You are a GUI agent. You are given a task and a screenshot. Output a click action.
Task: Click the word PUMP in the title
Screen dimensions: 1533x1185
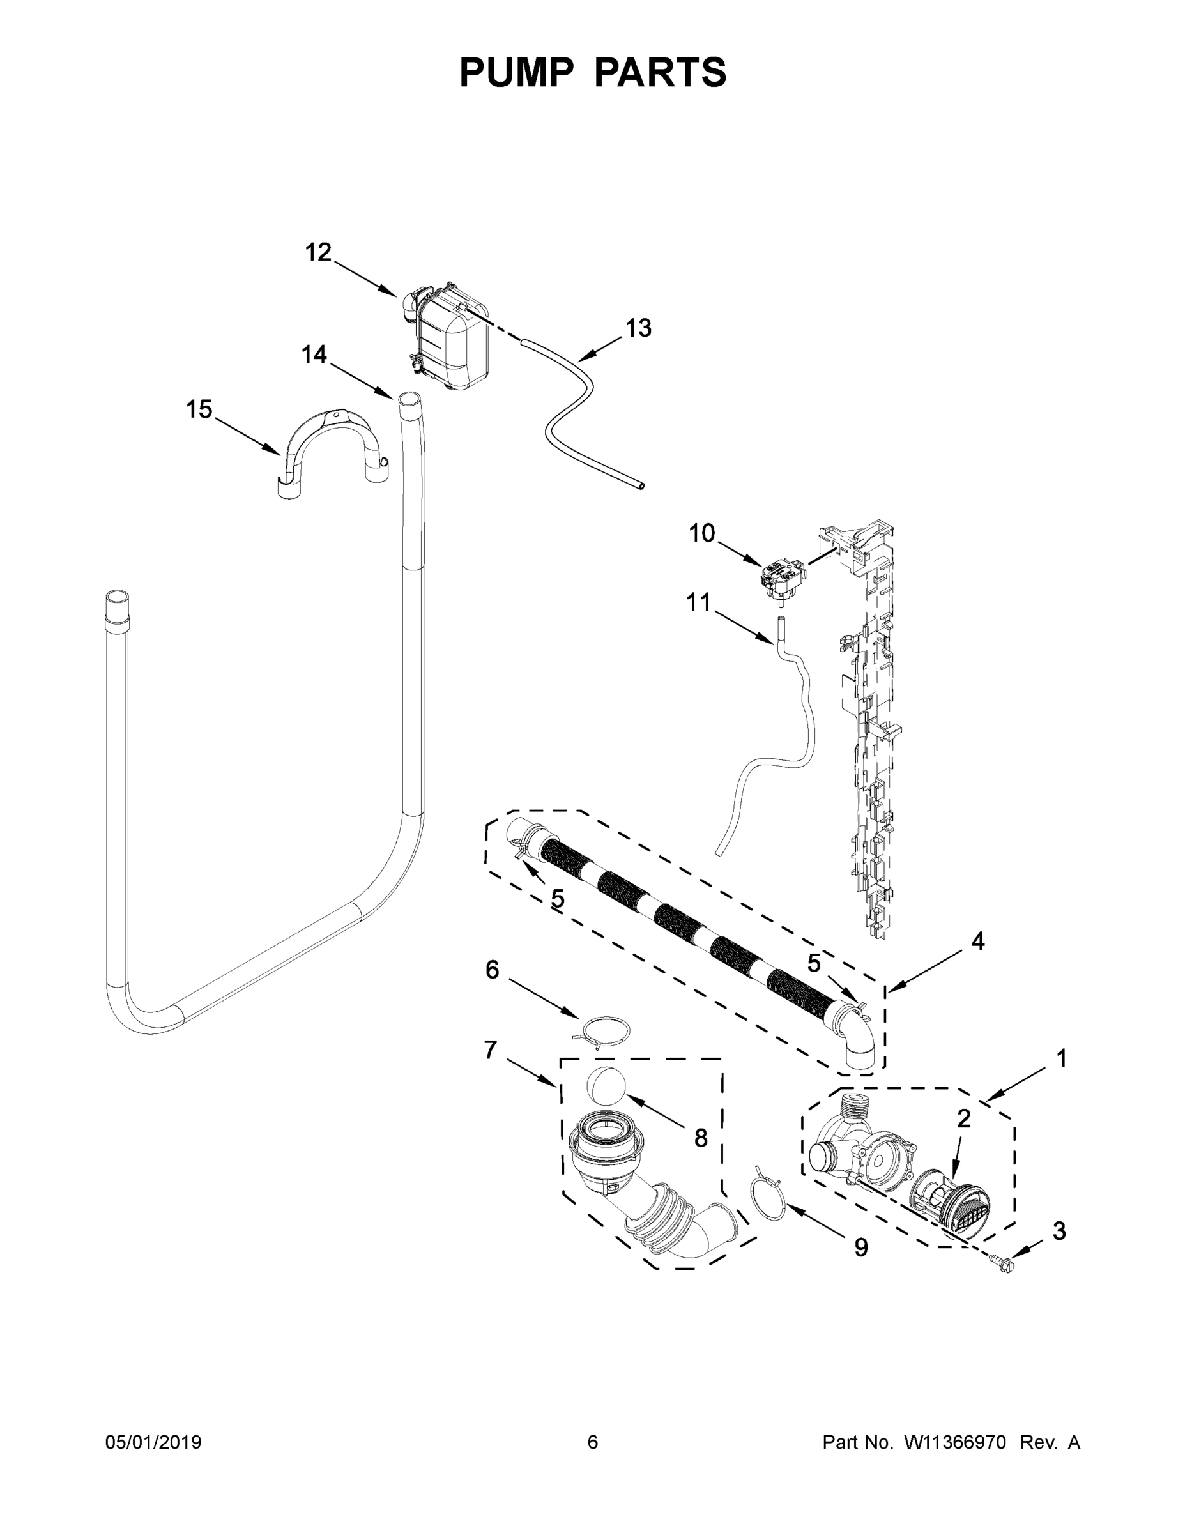(x=516, y=72)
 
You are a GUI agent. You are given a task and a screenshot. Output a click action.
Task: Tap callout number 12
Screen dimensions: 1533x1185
(x=318, y=252)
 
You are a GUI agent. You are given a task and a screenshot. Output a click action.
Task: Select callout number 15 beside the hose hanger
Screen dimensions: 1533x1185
(x=199, y=409)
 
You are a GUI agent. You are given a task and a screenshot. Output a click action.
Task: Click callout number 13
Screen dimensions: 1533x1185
(x=638, y=328)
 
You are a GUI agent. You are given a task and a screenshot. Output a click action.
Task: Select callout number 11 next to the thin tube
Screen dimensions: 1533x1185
(x=698, y=602)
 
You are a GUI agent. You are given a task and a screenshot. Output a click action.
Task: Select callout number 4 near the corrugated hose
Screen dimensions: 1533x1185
(x=977, y=942)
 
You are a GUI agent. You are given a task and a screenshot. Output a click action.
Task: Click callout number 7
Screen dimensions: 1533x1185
(x=491, y=1050)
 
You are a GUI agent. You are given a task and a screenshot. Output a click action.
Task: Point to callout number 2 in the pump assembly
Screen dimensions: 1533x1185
(x=964, y=1119)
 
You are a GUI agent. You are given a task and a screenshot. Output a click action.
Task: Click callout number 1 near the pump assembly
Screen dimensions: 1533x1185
(x=1062, y=1058)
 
